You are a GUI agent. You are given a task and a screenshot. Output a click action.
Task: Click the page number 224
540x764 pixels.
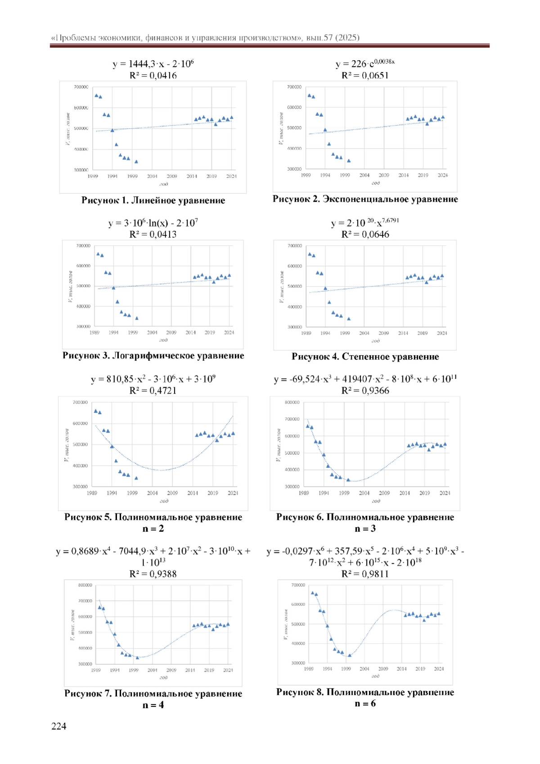(59, 726)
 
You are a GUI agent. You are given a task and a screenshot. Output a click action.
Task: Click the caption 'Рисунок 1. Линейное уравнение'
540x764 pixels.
(153, 200)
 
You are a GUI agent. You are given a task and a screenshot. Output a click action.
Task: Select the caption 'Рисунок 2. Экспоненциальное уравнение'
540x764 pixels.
(365, 199)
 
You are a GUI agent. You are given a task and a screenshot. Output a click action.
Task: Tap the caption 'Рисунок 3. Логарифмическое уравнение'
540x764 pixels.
(153, 356)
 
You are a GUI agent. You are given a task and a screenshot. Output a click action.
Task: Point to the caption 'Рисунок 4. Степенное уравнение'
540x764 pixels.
(365, 357)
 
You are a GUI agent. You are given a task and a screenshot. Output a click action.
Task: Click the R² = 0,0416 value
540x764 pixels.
(153, 75)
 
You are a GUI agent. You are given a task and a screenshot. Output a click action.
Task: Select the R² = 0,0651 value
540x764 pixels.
(365, 75)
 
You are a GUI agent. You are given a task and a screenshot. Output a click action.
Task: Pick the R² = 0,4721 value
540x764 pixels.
(153, 390)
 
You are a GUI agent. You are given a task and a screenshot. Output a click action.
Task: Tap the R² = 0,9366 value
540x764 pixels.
(365, 390)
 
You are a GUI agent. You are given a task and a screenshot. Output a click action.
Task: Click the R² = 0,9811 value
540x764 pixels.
(365, 574)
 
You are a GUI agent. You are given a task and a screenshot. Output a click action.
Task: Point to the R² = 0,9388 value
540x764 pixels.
(153, 574)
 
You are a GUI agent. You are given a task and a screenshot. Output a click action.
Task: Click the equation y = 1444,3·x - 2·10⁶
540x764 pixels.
(153, 63)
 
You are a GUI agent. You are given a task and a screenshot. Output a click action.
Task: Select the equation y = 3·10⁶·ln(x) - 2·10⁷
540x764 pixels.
(153, 223)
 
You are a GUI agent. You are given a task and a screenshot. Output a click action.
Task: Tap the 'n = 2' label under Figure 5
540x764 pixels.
(153, 529)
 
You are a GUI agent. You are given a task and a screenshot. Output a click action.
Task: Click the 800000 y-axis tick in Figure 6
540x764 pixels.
(292, 402)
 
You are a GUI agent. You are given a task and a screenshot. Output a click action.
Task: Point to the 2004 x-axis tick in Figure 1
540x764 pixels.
(152, 176)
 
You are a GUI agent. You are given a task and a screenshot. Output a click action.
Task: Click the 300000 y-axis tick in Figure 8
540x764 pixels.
(298, 663)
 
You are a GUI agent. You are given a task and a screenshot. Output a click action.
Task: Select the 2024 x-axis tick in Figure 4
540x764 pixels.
(442, 333)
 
